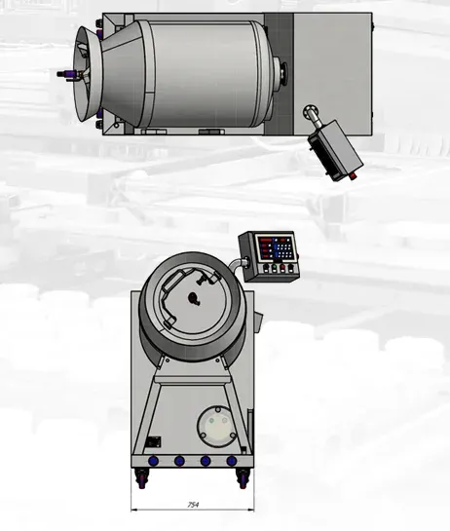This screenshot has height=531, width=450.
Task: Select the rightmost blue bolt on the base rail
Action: (231, 460)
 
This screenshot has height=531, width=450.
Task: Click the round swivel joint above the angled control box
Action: (311, 112)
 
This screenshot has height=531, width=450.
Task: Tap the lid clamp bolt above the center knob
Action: (198, 281)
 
